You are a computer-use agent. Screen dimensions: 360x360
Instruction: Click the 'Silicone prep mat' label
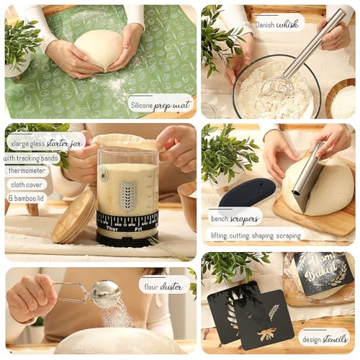coord(161,105)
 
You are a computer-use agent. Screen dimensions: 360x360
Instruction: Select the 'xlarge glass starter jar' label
coord(46,143)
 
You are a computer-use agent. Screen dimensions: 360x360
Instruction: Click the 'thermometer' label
coord(27,171)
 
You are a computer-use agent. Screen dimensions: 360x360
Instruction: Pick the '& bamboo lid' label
coord(29,197)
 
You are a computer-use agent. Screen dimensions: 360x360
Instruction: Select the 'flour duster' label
coord(164,285)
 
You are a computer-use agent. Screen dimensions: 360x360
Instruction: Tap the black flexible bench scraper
coord(247,192)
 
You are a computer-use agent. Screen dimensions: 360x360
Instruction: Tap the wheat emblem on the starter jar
coord(127,194)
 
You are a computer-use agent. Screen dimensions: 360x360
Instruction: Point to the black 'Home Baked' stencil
coord(323,272)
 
